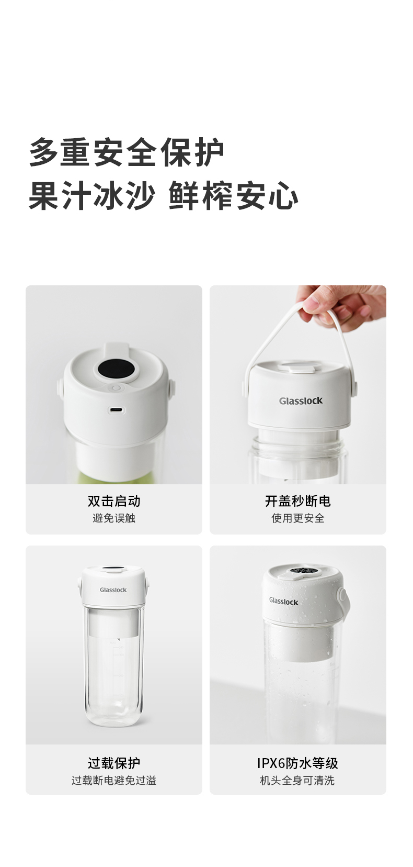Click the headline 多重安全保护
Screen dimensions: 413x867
coord(127,152)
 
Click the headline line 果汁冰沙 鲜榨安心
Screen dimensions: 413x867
coord(164,195)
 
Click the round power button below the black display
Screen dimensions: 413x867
coord(116,388)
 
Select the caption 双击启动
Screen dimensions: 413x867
coord(114,501)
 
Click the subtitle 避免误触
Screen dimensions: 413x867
coord(114,518)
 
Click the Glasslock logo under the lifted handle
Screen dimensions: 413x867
coord(301,401)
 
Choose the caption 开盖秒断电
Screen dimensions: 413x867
coord(298,501)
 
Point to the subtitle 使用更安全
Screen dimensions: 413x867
coord(298,518)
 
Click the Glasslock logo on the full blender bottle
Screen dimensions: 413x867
coord(113,590)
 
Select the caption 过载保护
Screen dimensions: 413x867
coord(114,763)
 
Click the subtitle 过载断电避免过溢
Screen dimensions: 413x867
coord(114,780)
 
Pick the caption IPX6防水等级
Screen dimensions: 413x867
coord(298,763)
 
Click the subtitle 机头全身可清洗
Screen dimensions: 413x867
coord(298,780)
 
